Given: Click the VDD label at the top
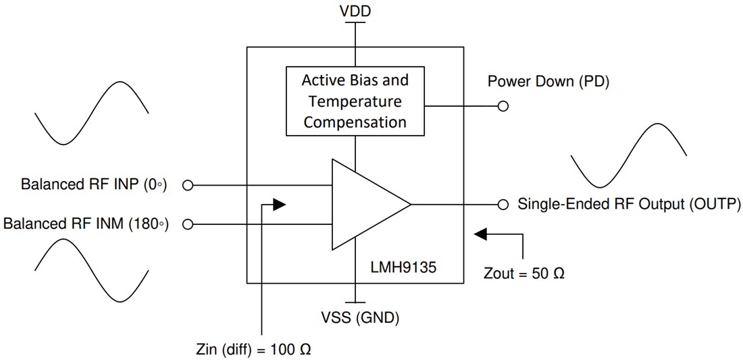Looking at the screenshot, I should point(355,11).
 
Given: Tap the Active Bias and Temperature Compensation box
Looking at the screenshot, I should point(355,101).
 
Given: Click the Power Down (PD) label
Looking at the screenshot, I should point(548,82).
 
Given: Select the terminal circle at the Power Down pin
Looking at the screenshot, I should point(503,106).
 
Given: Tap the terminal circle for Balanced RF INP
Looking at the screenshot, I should point(188,184).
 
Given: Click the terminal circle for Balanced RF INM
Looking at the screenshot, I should point(188,224).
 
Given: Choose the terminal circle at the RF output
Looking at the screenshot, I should point(503,204).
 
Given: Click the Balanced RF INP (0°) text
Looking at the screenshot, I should point(93,184).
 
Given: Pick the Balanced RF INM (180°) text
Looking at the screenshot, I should point(86,224).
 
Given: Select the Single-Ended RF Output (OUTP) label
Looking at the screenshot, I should point(629,204).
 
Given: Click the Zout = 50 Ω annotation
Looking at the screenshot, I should point(524,274).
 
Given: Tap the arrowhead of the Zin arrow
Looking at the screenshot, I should point(279,203).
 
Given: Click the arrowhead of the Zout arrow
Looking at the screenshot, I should point(481,234).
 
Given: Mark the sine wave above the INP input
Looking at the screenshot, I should point(91,113).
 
